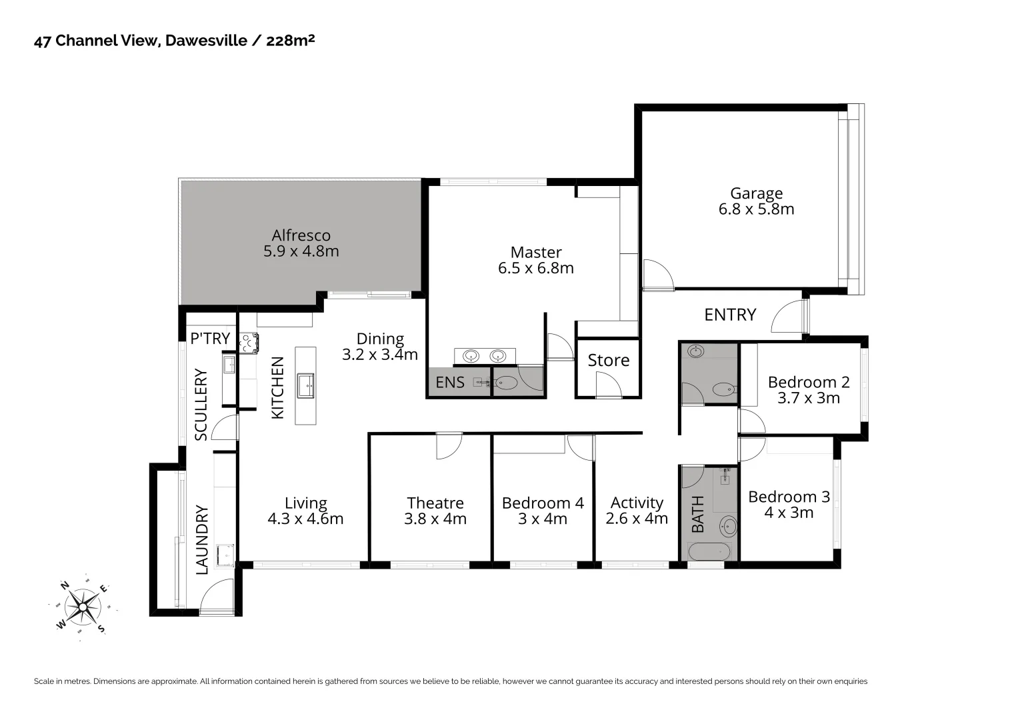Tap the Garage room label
tap(756, 193)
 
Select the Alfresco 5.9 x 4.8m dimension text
tap(301, 252)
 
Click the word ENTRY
tap(730, 315)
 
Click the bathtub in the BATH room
tap(709, 552)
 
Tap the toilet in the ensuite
tap(507, 383)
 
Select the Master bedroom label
tap(536, 252)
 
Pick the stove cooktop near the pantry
tap(249, 343)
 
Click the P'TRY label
tap(210, 339)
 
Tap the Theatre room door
tap(449, 445)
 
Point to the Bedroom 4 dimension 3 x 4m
tap(543, 519)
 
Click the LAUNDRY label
tap(202, 540)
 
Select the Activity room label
tap(637, 503)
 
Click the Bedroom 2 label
tap(809, 382)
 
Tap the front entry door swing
tap(787, 317)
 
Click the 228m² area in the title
tap(290, 41)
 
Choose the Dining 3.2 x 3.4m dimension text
tap(380, 355)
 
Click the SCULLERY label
tap(201, 405)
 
